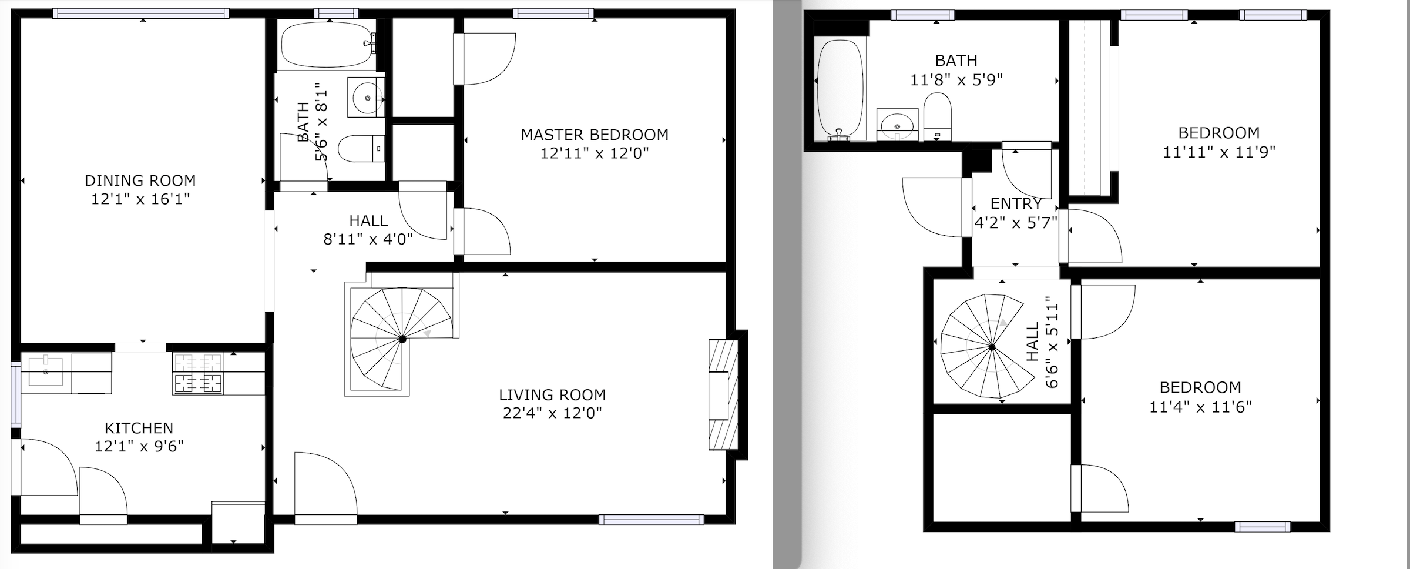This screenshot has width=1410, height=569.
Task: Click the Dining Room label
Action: pyautogui.click(x=140, y=180)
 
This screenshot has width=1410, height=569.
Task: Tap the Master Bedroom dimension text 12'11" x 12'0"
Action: pyautogui.click(x=595, y=153)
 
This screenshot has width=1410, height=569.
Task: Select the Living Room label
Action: pyautogui.click(x=552, y=395)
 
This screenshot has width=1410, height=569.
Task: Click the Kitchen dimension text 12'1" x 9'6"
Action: pyautogui.click(x=139, y=447)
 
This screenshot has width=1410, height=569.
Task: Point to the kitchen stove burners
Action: pyautogui.click(x=199, y=374)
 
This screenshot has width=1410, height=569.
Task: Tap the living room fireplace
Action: pyautogui.click(x=723, y=394)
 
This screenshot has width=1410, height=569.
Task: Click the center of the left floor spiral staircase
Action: pyautogui.click(x=402, y=339)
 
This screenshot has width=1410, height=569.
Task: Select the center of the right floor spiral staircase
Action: pyautogui.click(x=992, y=347)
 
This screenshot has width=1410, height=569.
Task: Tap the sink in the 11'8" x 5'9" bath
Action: pyautogui.click(x=897, y=125)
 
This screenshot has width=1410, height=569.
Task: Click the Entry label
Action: pyautogui.click(x=1016, y=204)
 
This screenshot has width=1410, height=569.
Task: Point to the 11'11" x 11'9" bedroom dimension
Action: pyautogui.click(x=1219, y=152)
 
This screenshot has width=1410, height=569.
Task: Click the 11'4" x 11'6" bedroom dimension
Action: pyautogui.click(x=1200, y=407)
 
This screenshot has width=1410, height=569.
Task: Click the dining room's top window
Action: pyautogui.click(x=141, y=13)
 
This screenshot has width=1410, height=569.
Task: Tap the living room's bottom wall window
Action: pyautogui.click(x=652, y=520)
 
